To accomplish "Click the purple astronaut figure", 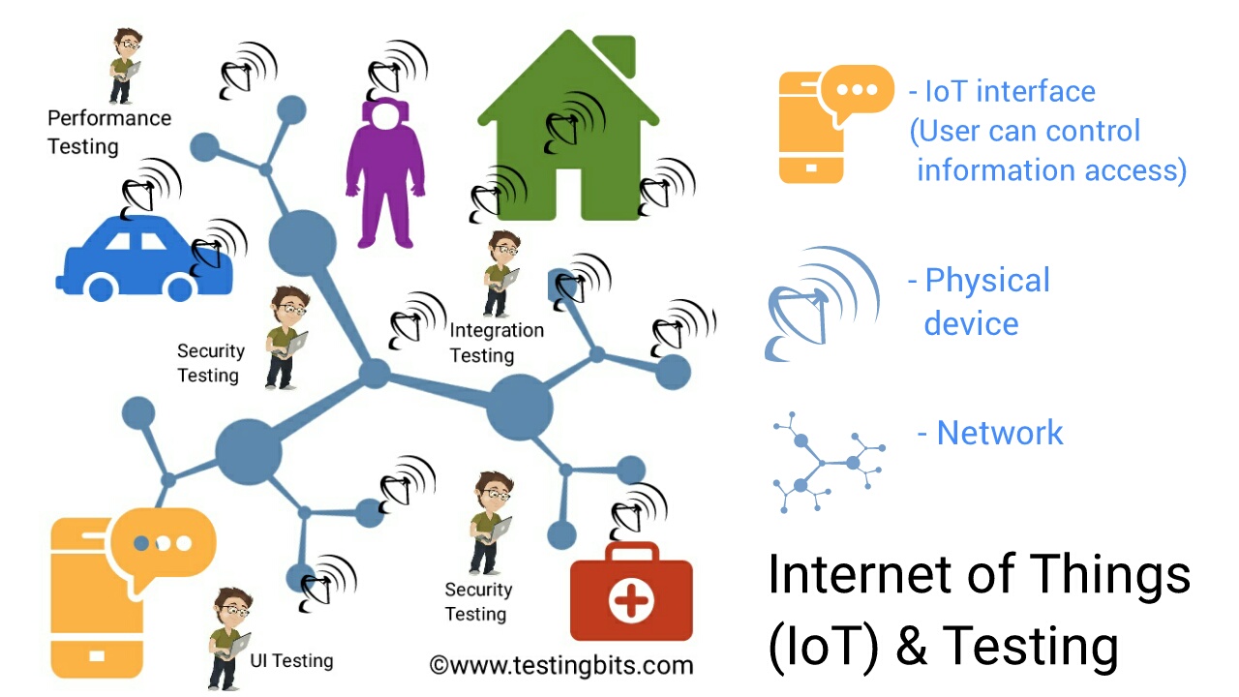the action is [x=385, y=184].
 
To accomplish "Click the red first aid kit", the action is [x=631, y=595].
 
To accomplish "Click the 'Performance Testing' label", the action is [x=108, y=133].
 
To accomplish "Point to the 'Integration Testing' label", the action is [x=496, y=343].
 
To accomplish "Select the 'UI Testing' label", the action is [x=291, y=661].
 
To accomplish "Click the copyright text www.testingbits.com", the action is [x=561, y=665].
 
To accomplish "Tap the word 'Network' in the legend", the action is [x=1000, y=433].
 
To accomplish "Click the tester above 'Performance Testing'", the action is [x=124, y=66].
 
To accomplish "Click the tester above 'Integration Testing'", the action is [x=501, y=273].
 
